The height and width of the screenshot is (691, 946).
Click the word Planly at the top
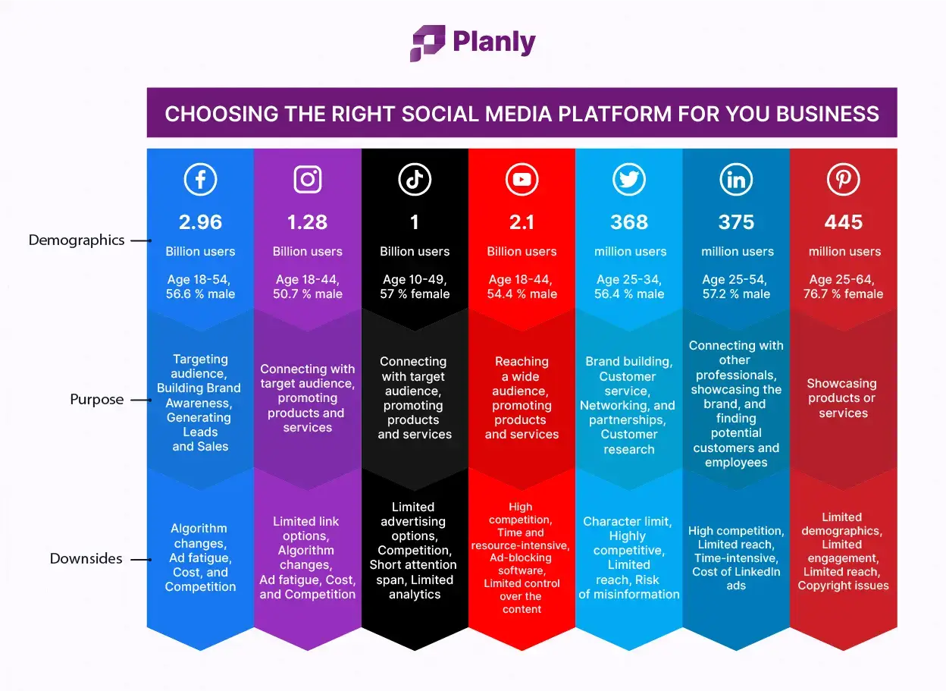493,42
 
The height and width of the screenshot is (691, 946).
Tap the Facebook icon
200,180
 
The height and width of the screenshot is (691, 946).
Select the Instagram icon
308,180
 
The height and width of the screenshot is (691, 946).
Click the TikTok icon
415,180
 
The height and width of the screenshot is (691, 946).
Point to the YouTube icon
522,180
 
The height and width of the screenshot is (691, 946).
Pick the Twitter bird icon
629,180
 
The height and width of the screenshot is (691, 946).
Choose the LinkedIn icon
736,180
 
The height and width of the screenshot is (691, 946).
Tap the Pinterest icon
843,180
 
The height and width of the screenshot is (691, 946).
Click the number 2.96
200,222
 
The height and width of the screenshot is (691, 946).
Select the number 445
843,222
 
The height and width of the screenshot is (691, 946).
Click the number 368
629,222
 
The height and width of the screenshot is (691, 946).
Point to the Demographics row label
77,240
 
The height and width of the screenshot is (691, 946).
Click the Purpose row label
96,400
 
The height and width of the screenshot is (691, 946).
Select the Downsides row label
86,559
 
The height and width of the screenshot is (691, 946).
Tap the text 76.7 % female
843,294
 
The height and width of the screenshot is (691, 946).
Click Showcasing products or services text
842,398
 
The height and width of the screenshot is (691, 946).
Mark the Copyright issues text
843,586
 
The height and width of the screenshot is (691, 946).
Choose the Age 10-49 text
414,280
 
